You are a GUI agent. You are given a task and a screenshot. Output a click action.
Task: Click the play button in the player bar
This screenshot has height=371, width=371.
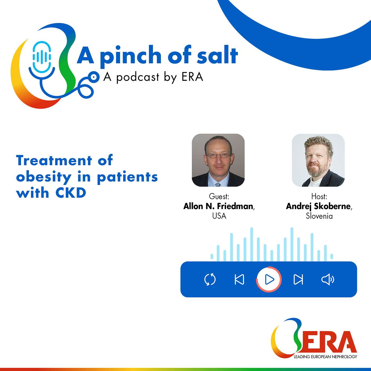point(269,279)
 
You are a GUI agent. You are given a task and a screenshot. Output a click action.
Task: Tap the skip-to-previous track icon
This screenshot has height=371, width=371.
point(239,279)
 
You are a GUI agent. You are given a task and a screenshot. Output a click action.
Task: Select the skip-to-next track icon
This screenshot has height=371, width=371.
point(298,279)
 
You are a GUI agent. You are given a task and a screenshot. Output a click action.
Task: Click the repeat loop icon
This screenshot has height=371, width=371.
point(210,279)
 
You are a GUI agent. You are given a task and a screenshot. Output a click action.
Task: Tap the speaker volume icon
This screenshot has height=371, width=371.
point(328,279)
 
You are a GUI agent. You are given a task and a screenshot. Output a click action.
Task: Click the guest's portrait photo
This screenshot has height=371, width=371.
point(218,160)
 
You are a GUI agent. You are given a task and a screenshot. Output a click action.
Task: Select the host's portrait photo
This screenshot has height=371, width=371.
point(318,160)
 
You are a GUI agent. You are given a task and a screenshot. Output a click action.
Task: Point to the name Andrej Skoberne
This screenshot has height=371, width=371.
point(319,206)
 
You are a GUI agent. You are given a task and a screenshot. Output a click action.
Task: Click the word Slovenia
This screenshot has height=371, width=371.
point(319,216)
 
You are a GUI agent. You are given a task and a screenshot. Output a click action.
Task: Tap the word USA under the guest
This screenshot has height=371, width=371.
point(219,216)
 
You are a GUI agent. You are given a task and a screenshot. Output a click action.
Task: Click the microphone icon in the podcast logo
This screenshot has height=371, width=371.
point(42,57)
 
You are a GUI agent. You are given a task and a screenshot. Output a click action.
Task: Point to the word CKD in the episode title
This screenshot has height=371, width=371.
point(71,193)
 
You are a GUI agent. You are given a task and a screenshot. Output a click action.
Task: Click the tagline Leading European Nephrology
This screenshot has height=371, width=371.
point(325,357)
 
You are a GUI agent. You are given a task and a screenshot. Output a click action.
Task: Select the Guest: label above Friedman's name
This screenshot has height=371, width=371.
point(219,196)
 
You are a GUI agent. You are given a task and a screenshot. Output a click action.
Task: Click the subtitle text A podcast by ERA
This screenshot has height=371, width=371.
point(153,77)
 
